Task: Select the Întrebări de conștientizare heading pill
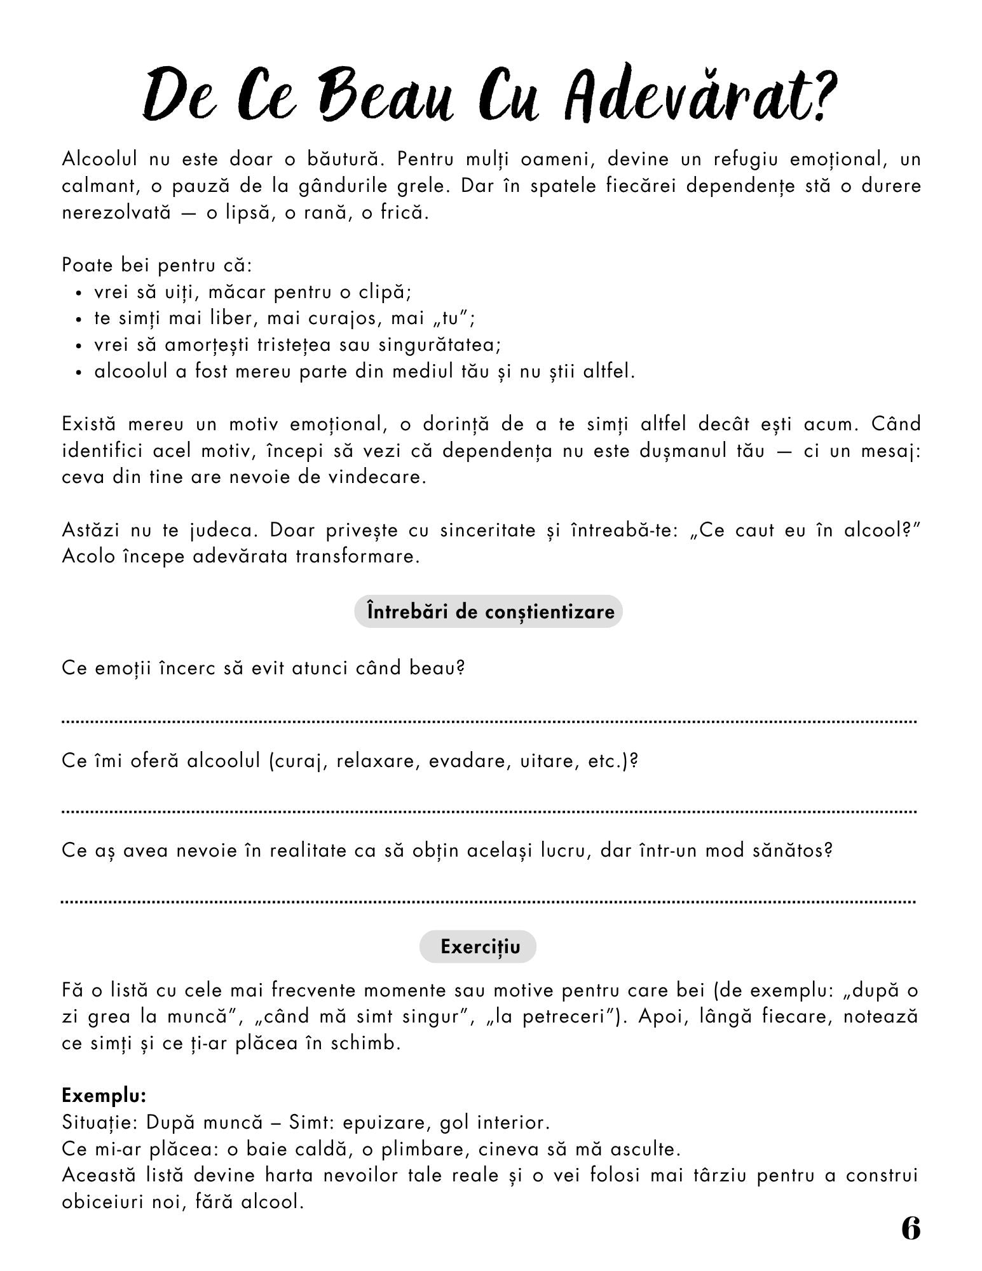tap(488, 611)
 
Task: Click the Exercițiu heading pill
tap(478, 947)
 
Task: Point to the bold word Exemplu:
tap(104, 1096)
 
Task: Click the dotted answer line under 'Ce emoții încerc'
tap(488, 721)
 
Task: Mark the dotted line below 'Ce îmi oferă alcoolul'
tap(488, 812)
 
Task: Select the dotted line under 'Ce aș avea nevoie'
tap(488, 901)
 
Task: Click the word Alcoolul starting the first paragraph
tap(99, 159)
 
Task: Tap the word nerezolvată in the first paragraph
tap(116, 212)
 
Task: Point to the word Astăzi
tap(91, 529)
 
